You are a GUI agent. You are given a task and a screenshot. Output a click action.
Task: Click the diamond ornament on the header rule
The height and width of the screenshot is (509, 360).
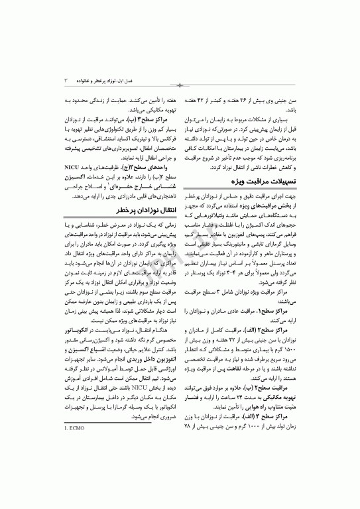(180, 86)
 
